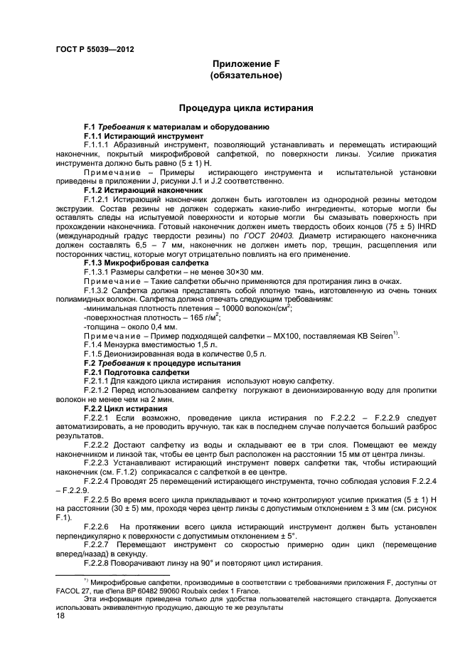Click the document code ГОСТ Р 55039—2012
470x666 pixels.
[95, 50]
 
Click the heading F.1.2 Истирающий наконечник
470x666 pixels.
[134, 190]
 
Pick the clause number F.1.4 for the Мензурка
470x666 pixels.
[95, 344]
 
